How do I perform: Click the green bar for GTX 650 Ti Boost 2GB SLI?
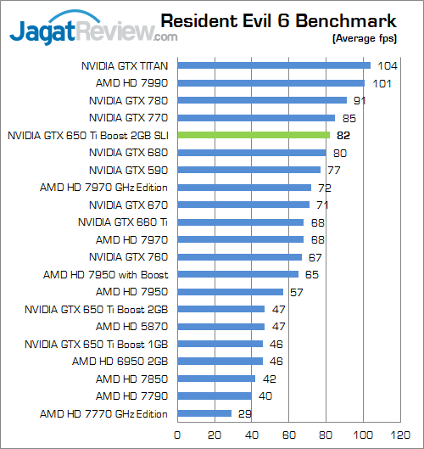point(253,135)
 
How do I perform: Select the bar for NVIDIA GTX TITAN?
point(273,65)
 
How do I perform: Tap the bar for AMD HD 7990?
point(271,83)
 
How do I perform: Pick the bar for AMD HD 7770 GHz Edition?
point(204,414)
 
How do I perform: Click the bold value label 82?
point(343,135)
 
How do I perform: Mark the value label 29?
point(244,414)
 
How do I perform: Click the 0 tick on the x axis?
point(177,435)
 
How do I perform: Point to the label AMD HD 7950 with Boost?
point(106,275)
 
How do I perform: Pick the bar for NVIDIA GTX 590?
point(248,170)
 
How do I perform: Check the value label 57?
point(297,292)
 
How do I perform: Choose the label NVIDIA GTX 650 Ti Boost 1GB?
point(96,345)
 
